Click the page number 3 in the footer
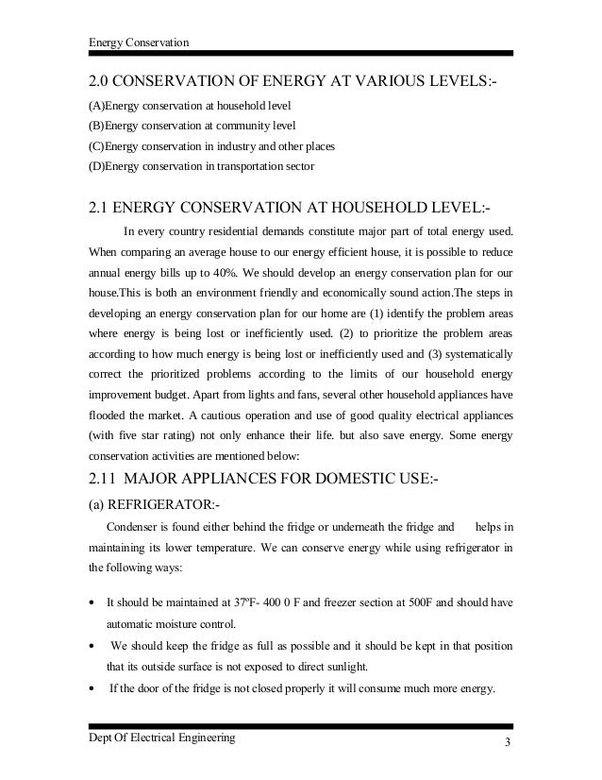[x=507, y=739]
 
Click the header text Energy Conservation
[x=138, y=42]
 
